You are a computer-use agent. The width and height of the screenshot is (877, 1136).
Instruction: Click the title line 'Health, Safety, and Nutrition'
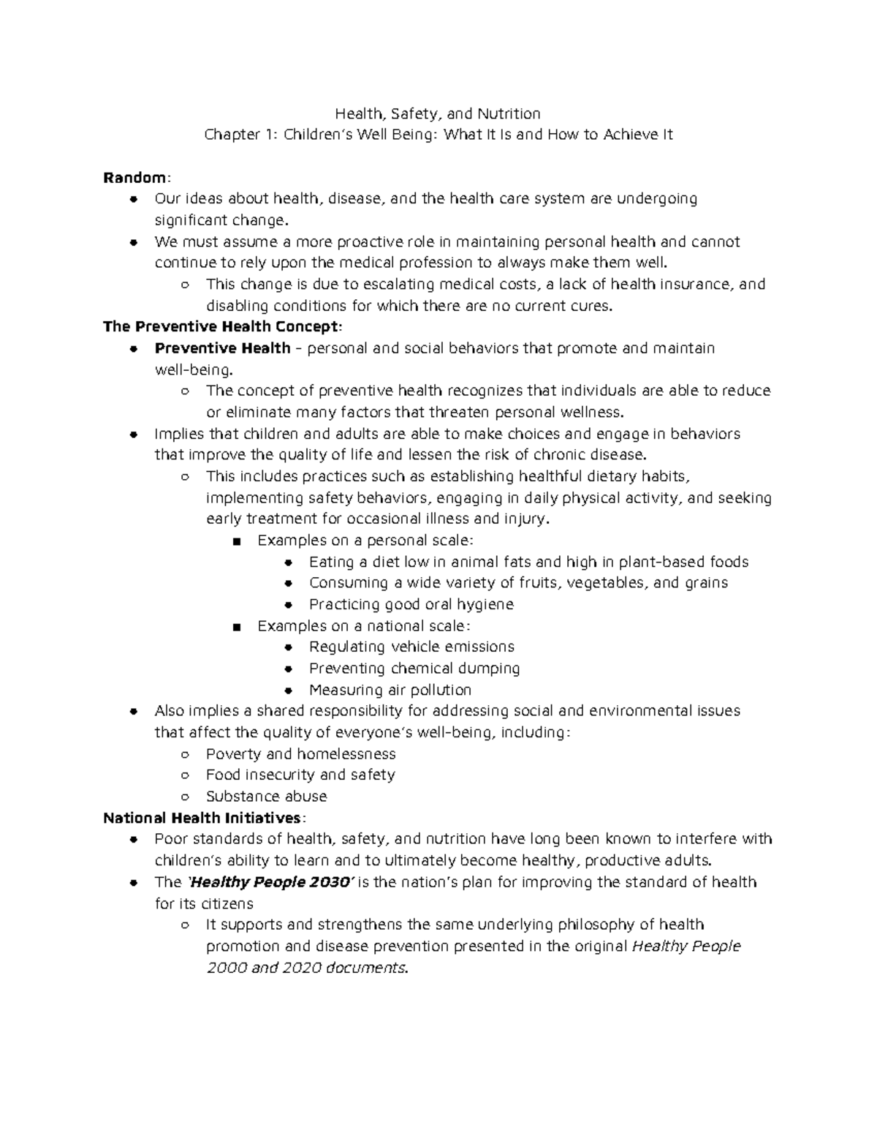pos(438,113)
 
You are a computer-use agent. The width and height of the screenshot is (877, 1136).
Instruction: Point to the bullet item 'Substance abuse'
pos(266,797)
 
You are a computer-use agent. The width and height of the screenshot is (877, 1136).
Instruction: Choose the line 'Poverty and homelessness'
pos(300,754)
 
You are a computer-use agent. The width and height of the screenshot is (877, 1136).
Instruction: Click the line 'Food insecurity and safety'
pos(300,775)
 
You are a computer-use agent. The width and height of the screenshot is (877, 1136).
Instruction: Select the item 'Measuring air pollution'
pos(390,690)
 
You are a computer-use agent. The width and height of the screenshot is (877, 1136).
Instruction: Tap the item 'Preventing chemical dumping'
pos(414,669)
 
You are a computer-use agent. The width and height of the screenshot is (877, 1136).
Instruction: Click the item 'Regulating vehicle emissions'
pos(411,647)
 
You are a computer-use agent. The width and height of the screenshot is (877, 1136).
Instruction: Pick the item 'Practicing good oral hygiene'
pos(411,605)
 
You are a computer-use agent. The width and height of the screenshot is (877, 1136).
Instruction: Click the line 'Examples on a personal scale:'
pos(365,541)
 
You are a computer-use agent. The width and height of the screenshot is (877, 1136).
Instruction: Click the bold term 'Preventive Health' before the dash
pos(222,348)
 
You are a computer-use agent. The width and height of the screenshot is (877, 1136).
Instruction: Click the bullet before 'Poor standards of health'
pos(133,840)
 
